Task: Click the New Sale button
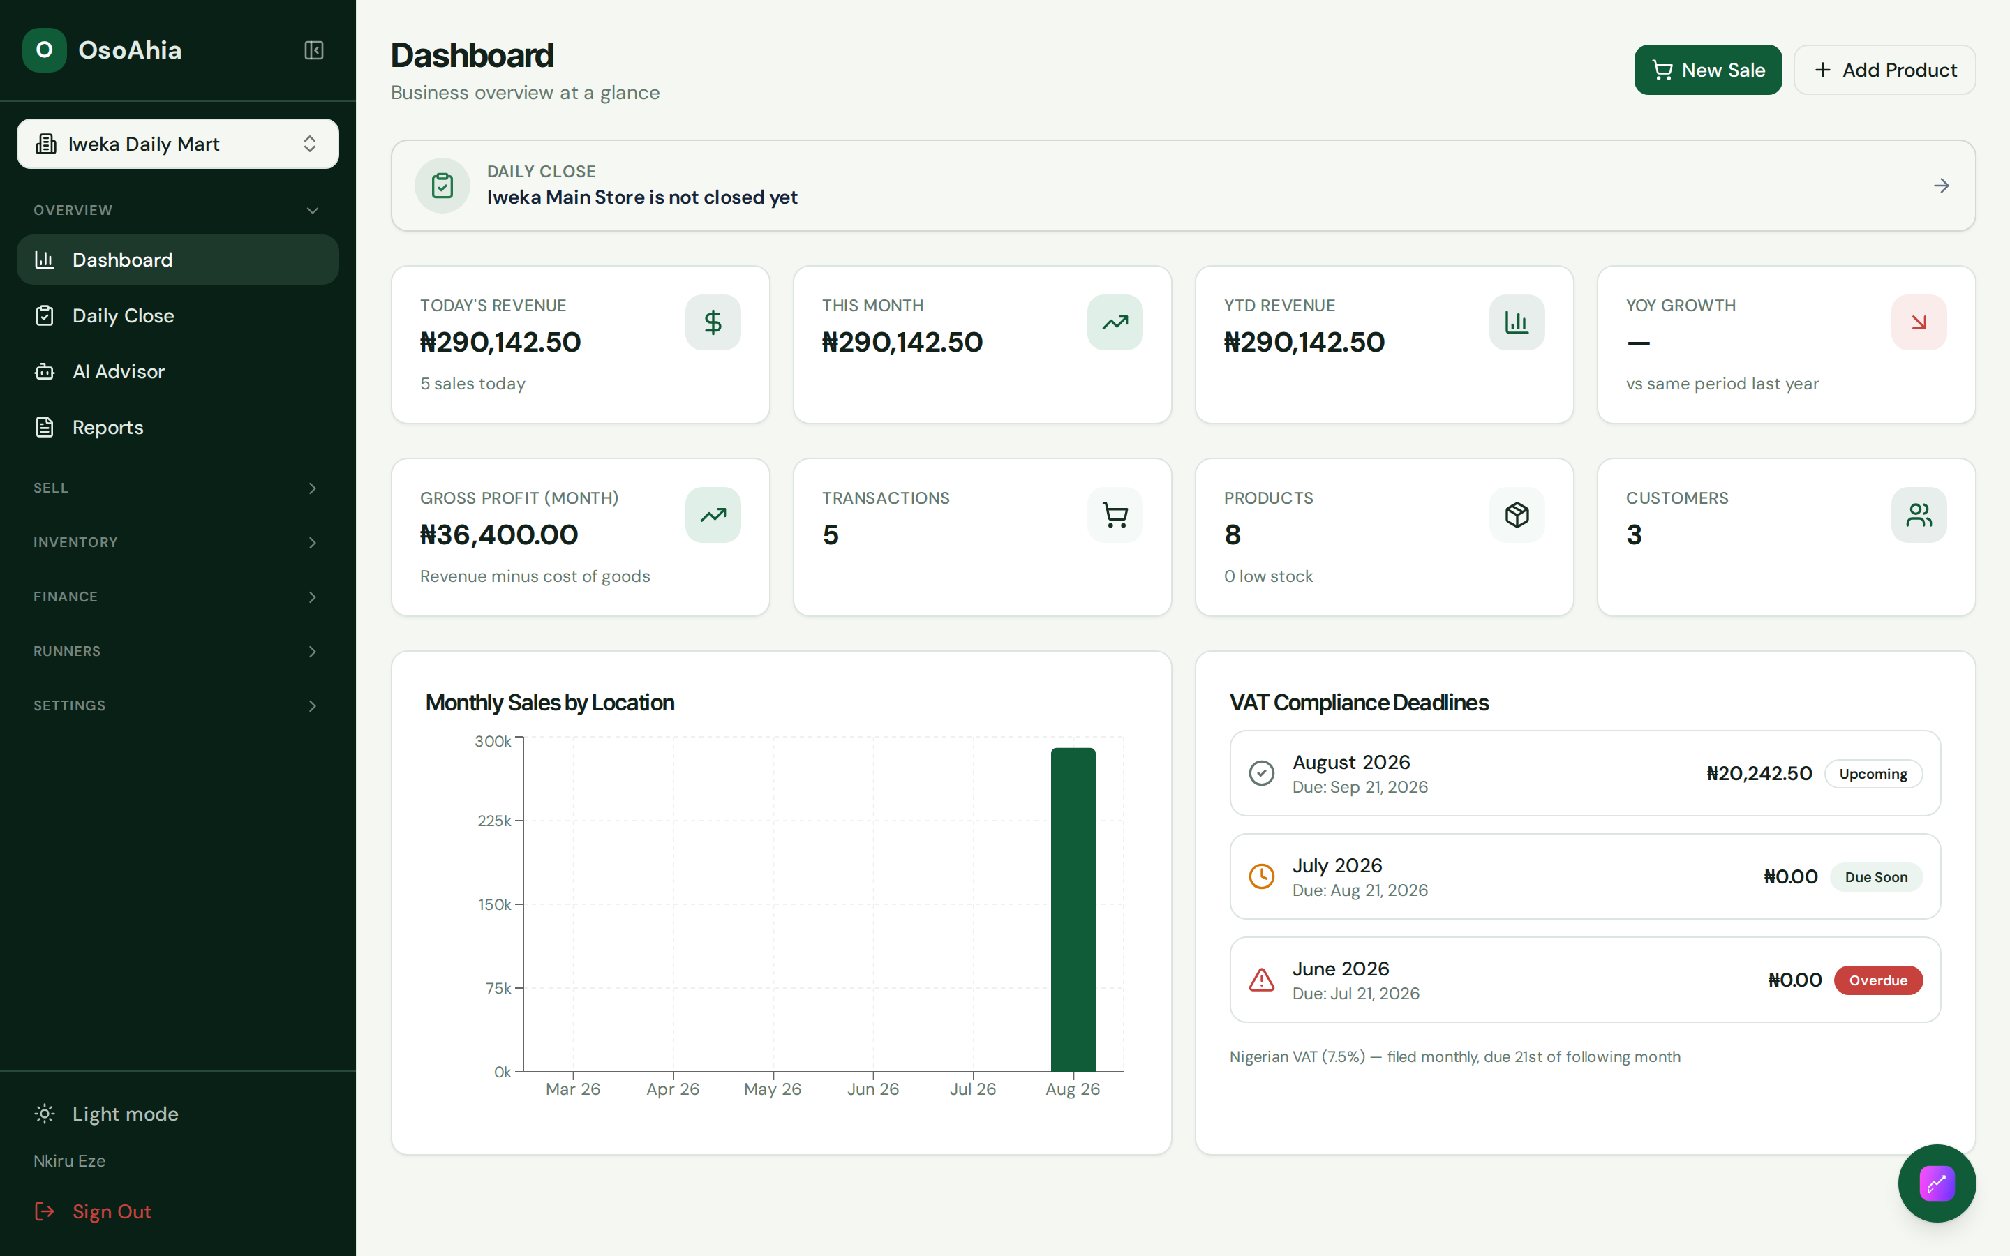click(x=1708, y=70)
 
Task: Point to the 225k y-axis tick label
click(x=493, y=821)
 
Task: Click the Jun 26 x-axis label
click(x=873, y=1089)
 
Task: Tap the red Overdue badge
click(x=1878, y=980)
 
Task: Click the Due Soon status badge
click(x=1876, y=877)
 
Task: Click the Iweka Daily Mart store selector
click(x=178, y=144)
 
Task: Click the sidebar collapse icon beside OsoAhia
click(x=314, y=51)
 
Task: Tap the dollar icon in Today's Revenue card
click(x=713, y=322)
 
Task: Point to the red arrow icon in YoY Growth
click(x=1919, y=322)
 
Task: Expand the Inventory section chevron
click(x=312, y=542)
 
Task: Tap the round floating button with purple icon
click(x=1937, y=1183)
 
